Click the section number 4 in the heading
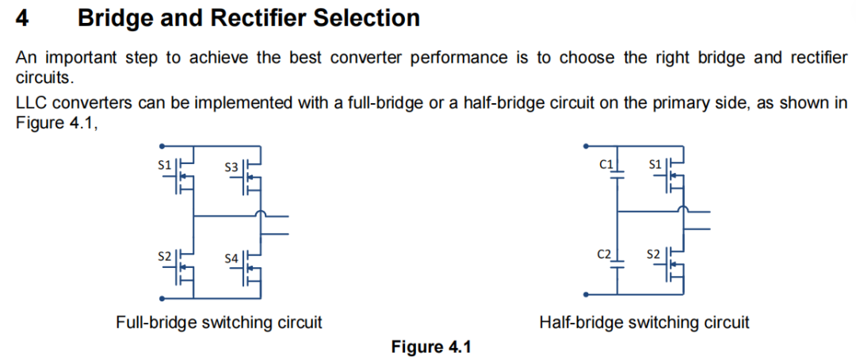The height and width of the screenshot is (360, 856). point(22,18)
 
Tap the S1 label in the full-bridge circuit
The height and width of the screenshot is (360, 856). point(165,164)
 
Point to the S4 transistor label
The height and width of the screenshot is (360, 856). point(231,259)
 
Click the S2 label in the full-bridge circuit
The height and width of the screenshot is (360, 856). point(165,255)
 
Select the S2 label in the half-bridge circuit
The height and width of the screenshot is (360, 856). point(653,255)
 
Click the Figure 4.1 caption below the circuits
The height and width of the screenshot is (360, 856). point(430,347)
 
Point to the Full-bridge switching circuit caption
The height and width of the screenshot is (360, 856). point(219,322)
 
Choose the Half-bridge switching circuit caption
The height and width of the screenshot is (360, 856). point(644,322)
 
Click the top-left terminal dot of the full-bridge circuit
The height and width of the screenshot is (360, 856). point(162,147)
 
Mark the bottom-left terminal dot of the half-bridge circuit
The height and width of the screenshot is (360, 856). point(587,294)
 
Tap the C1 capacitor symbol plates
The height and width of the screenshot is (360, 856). point(617,174)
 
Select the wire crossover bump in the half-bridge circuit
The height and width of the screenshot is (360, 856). point(682,209)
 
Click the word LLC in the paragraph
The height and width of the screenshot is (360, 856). point(32,104)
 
